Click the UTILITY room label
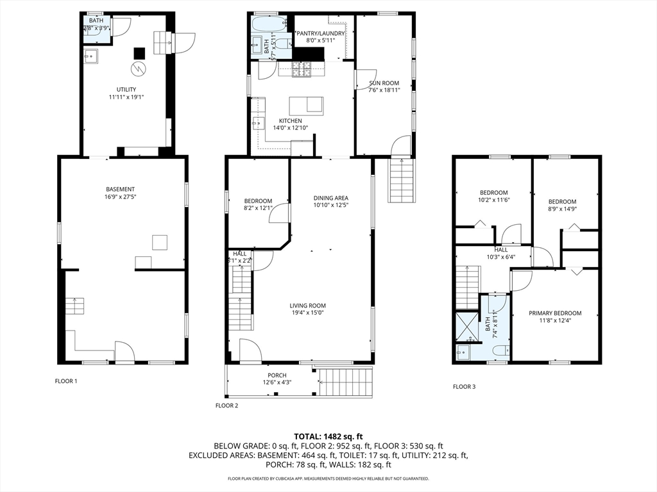point(126,90)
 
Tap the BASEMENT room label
point(120,189)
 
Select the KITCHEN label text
point(290,120)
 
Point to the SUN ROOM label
point(384,83)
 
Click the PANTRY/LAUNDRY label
point(320,33)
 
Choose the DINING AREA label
point(330,198)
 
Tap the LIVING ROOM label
point(308,306)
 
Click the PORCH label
point(277,375)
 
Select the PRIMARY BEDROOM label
point(555,313)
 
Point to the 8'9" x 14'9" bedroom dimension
point(562,209)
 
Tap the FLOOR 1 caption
point(66,381)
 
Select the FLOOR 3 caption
point(465,386)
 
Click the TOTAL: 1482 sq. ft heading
point(328,436)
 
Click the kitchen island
point(306,105)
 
